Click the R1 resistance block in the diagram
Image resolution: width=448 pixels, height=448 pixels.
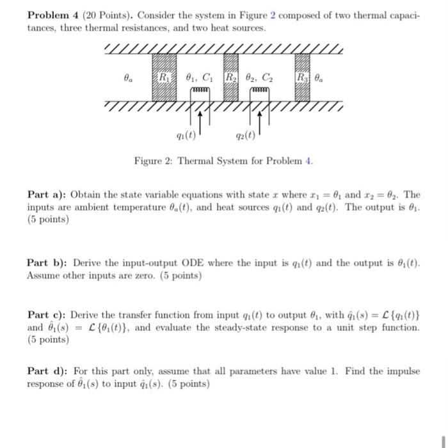pos(164,78)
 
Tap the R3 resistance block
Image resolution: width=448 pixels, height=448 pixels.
pos(303,78)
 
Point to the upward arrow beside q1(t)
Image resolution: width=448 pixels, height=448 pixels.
pos(201,122)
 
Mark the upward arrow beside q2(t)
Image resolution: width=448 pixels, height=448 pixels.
pos(262,122)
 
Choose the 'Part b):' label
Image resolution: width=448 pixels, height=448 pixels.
pos(47,263)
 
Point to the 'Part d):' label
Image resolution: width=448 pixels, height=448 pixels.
pos(47,371)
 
